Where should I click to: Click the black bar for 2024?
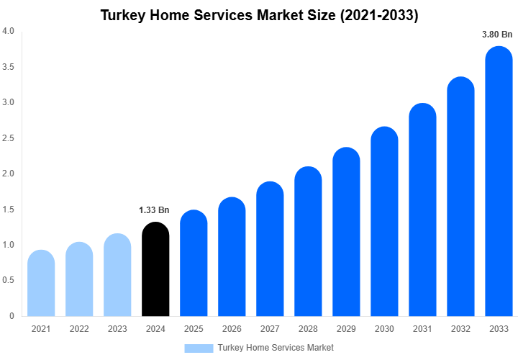(155, 270)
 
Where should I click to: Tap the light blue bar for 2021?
(41, 284)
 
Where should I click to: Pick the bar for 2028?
(308, 243)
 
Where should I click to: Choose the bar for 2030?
(384, 223)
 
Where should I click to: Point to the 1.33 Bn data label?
(154, 210)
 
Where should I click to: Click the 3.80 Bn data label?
(497, 34)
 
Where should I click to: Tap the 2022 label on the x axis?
(79, 329)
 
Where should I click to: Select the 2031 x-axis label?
(422, 329)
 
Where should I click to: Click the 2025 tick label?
(194, 329)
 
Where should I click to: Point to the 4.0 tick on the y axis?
(8, 31)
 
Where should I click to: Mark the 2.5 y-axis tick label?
(8, 138)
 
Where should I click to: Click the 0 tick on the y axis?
(12, 316)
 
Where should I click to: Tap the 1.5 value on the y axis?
(8, 210)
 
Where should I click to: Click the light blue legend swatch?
(199, 348)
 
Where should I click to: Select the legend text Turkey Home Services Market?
(276, 348)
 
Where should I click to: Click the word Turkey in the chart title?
(122, 14)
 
